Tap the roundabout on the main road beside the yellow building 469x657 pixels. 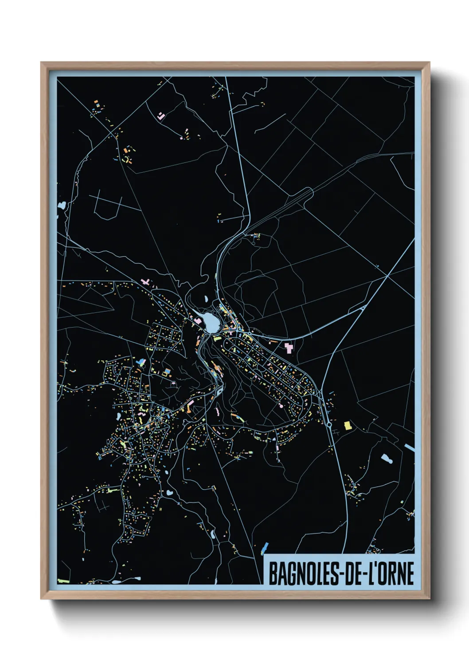click(x=329, y=424)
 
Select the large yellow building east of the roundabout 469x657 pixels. click(x=348, y=426)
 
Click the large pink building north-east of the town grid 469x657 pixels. click(x=289, y=347)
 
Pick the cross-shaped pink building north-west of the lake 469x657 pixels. click(x=145, y=281)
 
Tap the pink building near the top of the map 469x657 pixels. click(x=161, y=116)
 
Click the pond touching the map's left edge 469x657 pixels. click(x=61, y=206)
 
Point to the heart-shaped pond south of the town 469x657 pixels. click(x=169, y=493)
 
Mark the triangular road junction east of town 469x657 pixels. click(x=362, y=308)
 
